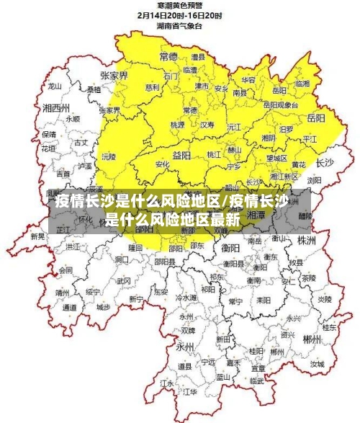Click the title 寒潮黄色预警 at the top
tap(180, 5)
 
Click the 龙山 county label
tap(55, 85)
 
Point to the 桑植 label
tap(94, 90)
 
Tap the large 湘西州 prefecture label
tap(55, 107)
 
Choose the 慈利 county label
tap(153, 87)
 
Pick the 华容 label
tap(248, 79)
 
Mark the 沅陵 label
tap(108, 156)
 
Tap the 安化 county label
tap(163, 164)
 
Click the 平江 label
tap(310, 138)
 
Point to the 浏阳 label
tap(315, 180)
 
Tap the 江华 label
tap(190, 391)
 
